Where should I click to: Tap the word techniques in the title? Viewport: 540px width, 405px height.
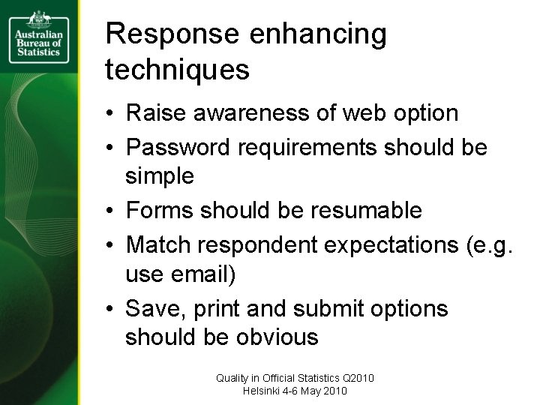pos(177,70)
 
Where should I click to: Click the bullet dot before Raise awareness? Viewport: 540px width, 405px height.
pos(109,114)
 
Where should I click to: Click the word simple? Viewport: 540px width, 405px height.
pos(160,177)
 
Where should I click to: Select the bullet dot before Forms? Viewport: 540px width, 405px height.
pos(109,211)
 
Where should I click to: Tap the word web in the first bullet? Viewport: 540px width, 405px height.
pos(358,114)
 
